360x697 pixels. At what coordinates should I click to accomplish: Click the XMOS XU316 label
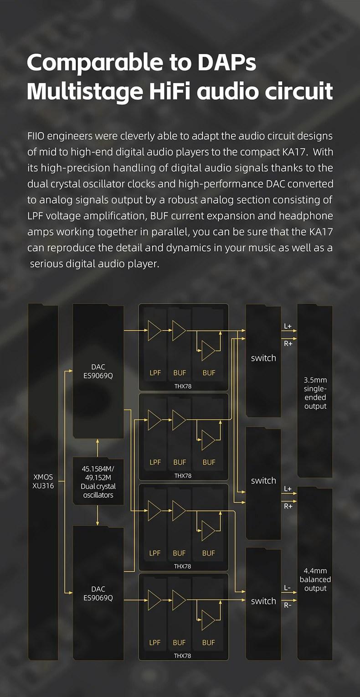[x=43, y=481]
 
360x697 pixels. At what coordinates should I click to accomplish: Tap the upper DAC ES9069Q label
[x=98, y=371]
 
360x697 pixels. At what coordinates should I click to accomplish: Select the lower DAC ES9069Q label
[x=98, y=593]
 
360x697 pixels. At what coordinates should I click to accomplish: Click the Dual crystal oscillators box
[x=98, y=482]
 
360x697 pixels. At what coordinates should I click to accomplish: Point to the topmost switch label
[x=263, y=358]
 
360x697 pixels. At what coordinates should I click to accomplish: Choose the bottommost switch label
[x=263, y=601]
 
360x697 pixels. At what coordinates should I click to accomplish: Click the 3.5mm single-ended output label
[x=315, y=392]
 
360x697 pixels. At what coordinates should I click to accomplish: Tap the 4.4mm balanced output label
[x=315, y=579]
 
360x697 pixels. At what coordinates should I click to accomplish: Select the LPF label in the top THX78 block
[x=155, y=372]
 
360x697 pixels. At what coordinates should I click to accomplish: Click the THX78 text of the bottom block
[x=183, y=656]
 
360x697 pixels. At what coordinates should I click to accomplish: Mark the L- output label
[x=287, y=588]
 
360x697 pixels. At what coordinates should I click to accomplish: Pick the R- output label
[x=288, y=605]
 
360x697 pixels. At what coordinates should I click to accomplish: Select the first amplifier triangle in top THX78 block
[x=154, y=330]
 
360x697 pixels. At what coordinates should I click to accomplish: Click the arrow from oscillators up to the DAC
[x=98, y=448]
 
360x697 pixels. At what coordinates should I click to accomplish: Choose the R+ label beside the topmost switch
[x=288, y=344]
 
